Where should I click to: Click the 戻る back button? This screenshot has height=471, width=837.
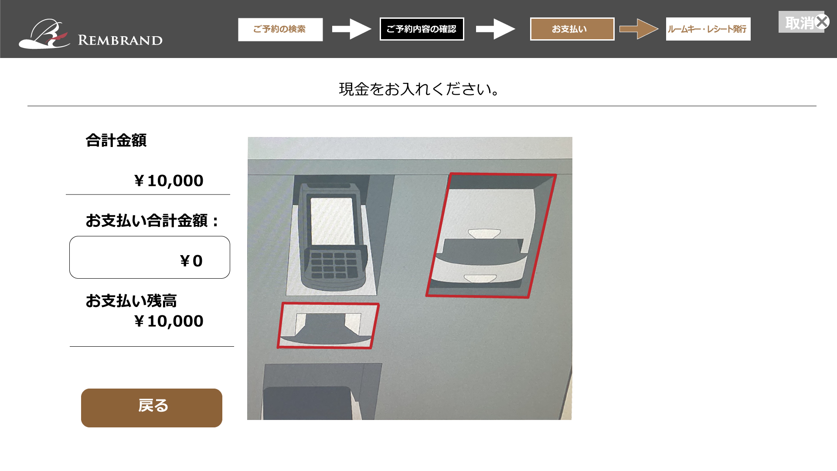tap(152, 408)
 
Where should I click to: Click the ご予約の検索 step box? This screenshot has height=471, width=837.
tap(280, 29)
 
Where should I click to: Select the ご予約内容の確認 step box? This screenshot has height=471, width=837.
tap(422, 29)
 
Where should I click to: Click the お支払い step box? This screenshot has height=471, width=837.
tap(572, 29)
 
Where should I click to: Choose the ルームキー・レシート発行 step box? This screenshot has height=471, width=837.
tap(708, 29)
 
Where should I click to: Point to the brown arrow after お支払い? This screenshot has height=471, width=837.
tap(639, 29)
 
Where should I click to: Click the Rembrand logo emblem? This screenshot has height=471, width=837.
tap(44, 34)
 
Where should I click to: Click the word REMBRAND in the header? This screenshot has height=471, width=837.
tap(120, 40)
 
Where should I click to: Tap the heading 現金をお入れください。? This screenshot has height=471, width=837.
tap(419, 89)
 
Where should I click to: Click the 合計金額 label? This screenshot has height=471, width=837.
tap(116, 140)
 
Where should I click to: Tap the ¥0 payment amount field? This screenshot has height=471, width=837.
tap(150, 257)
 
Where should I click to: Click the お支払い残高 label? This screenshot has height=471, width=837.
tap(131, 301)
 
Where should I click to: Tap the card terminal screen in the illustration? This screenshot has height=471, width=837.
tap(332, 221)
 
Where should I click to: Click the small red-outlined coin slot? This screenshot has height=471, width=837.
tap(328, 326)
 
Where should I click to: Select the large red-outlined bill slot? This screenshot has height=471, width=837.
tap(491, 235)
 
